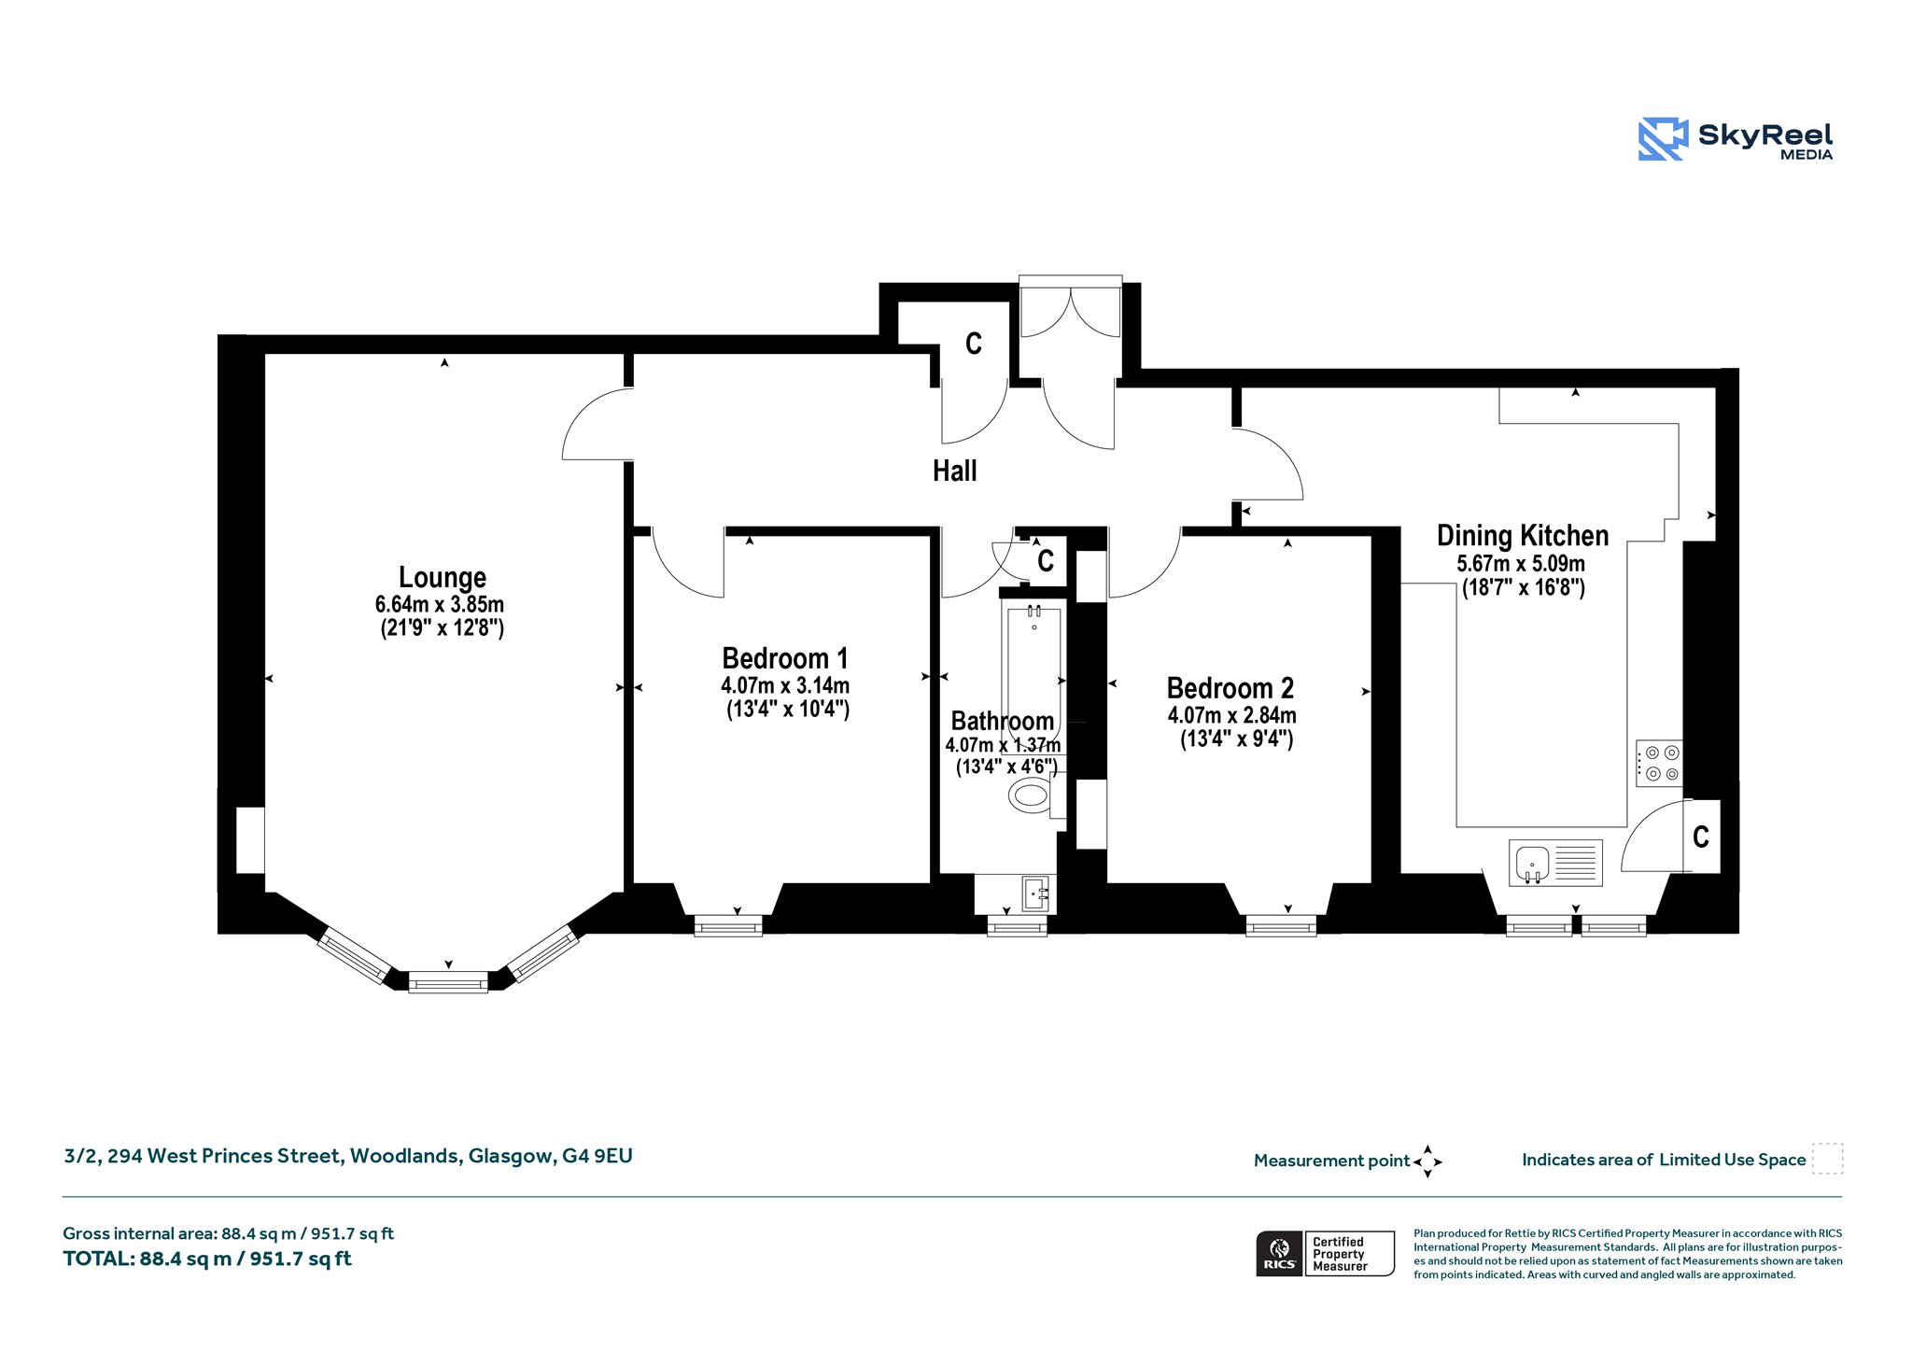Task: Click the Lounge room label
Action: tap(443, 577)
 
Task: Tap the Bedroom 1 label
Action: tap(785, 658)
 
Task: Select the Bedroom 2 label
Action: tap(1230, 688)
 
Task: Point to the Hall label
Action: tap(954, 471)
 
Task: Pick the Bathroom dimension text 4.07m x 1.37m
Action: tap(1003, 745)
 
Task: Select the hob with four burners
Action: tap(1659, 763)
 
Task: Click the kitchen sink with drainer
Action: tap(1555, 863)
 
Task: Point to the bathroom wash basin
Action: tap(1036, 894)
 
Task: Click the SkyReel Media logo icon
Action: tap(1663, 139)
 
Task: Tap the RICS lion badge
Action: tap(1280, 1253)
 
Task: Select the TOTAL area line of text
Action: tap(207, 1259)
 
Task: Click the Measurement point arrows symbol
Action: tap(1427, 1161)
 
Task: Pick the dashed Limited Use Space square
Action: tap(1827, 1159)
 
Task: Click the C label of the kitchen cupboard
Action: tap(1701, 837)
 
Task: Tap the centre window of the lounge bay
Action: tap(448, 981)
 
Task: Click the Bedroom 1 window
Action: tap(728, 925)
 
